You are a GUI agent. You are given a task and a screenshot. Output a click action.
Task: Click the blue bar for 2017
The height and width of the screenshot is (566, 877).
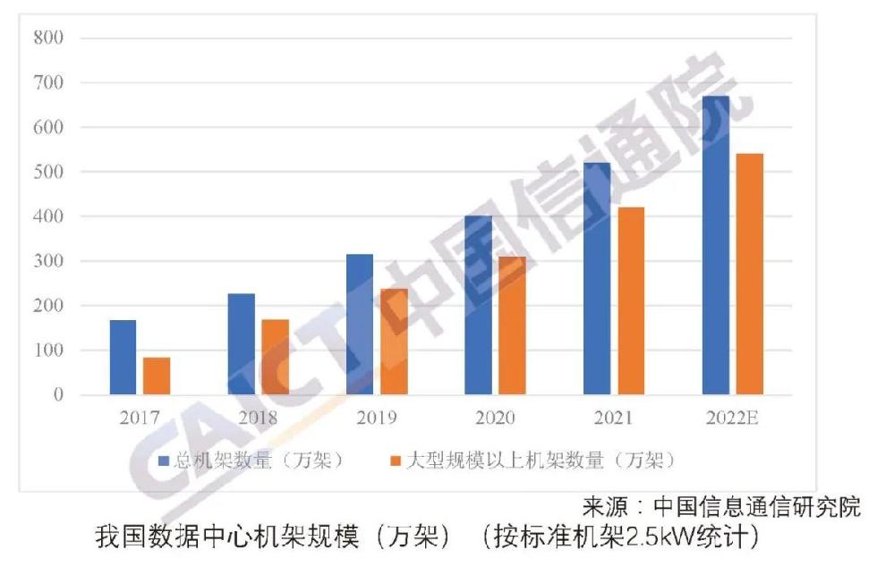point(123,357)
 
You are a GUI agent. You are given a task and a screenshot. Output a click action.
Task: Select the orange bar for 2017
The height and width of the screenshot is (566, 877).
point(157,376)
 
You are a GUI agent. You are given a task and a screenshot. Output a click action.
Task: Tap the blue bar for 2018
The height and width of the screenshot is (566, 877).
point(242,343)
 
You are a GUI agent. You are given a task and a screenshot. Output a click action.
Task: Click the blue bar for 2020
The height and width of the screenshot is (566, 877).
point(479,305)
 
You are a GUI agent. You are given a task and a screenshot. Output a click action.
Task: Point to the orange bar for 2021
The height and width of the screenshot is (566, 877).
point(631,300)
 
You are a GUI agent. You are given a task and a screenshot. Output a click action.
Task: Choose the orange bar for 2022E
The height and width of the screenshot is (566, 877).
point(750,274)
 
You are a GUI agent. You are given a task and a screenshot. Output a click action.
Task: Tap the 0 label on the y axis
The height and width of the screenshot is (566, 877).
point(58,395)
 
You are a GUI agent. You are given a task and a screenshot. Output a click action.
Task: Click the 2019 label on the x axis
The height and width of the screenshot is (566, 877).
point(376,418)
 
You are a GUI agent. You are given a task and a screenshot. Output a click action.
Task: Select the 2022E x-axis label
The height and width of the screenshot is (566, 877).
point(733,418)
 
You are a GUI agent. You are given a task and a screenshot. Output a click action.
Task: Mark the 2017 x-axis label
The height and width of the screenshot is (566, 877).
point(139,418)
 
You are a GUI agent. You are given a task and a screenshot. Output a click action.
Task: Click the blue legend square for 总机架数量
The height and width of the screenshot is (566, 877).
point(164,460)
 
